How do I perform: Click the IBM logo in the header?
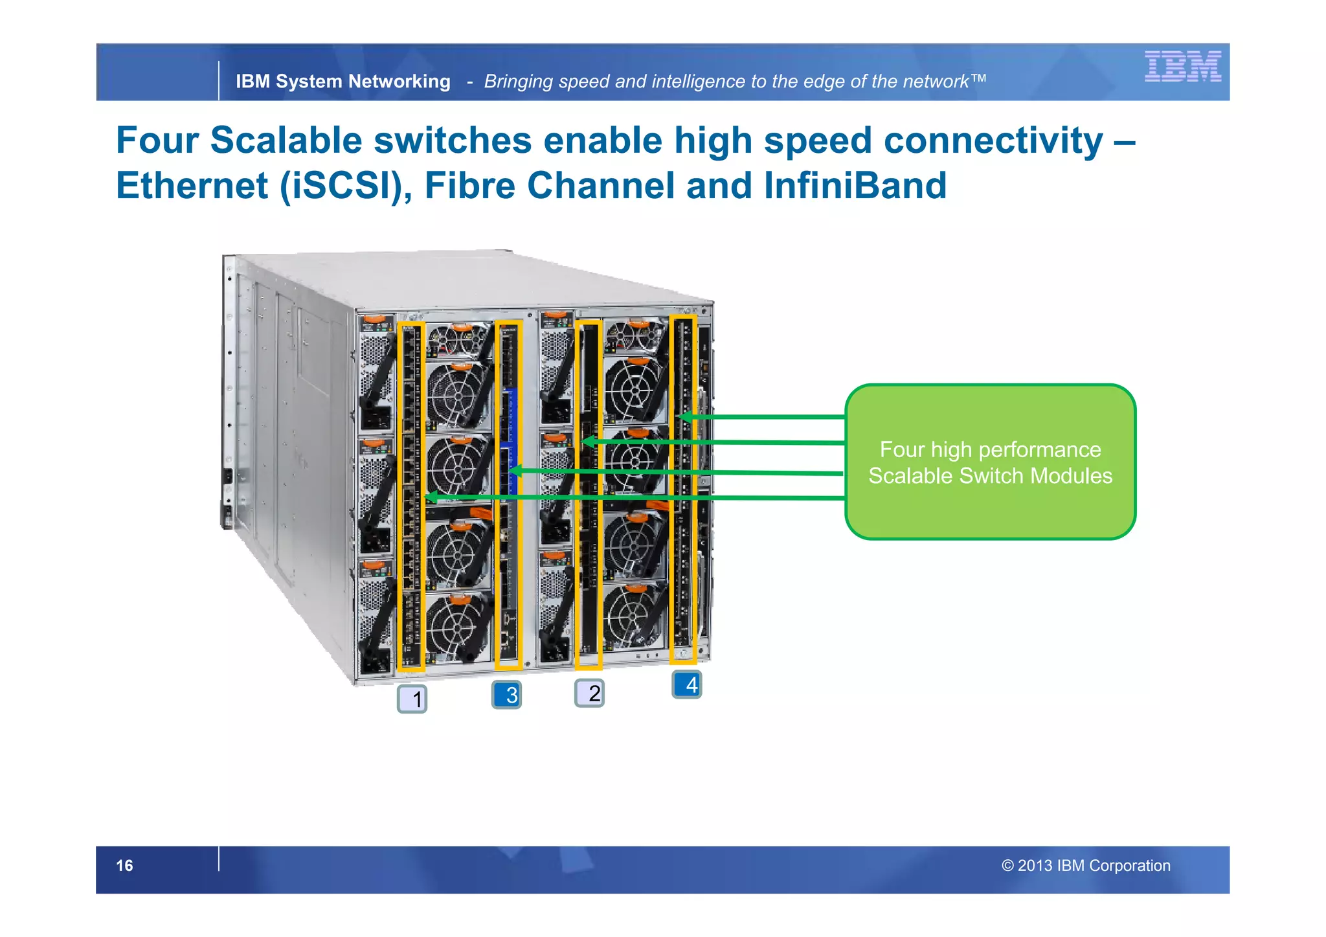(1182, 66)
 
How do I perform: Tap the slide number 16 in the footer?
(124, 866)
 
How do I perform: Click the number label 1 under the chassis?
(412, 699)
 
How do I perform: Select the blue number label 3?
(506, 695)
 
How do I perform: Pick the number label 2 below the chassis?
(589, 694)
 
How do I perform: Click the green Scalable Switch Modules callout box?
(990, 462)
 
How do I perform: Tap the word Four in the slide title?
(157, 141)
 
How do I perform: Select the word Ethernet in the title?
(192, 186)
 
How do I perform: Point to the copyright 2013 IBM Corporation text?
(1086, 866)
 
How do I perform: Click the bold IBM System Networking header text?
(343, 82)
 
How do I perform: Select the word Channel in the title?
(601, 186)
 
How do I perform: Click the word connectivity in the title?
(993, 141)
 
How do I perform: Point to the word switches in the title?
(453, 141)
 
